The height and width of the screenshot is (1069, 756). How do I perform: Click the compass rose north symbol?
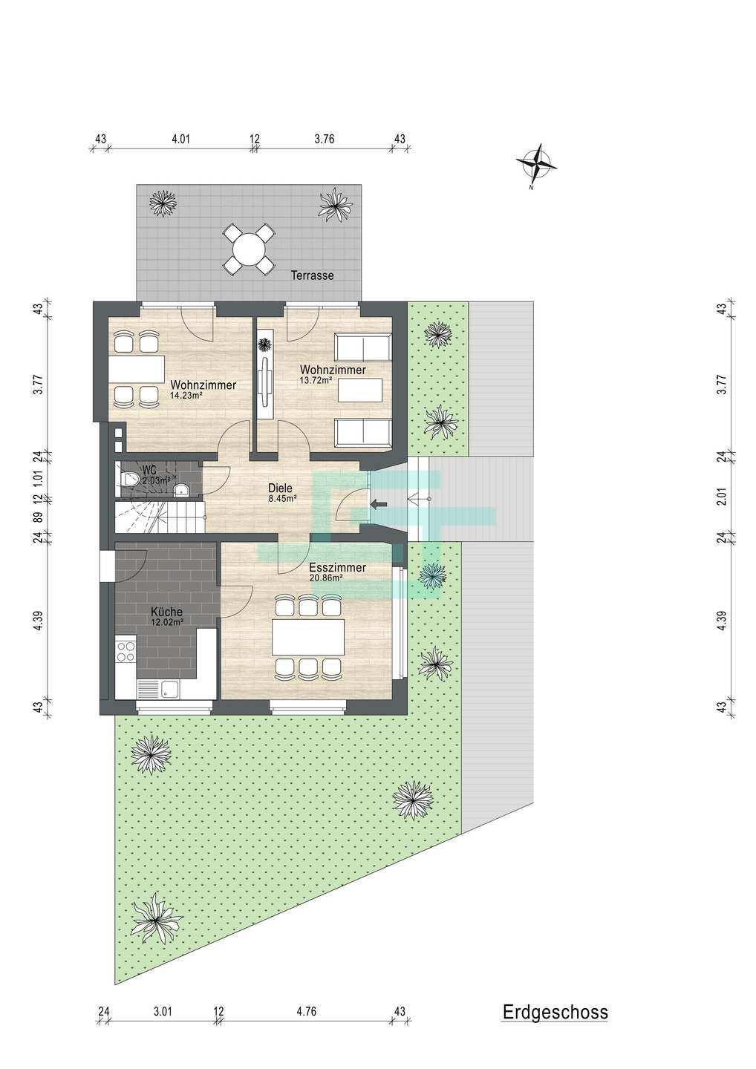click(536, 165)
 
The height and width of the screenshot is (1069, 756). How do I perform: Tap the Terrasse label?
click(313, 275)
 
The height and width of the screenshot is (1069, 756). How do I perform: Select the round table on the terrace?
click(250, 249)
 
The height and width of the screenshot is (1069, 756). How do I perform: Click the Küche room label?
click(166, 612)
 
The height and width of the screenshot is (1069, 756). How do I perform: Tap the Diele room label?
click(280, 488)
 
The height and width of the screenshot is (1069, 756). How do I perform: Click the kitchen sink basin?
click(170, 689)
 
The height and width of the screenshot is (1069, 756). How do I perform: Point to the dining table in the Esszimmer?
click(308, 637)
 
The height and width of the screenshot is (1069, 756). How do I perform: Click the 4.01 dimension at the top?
click(181, 140)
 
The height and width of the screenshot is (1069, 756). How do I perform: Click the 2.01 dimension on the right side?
click(723, 497)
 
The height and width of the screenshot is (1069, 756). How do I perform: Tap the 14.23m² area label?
click(183, 394)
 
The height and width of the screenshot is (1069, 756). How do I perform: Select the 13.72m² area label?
click(315, 380)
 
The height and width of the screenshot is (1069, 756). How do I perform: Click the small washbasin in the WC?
click(180, 488)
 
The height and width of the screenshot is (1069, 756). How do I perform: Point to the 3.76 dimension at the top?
click(324, 140)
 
